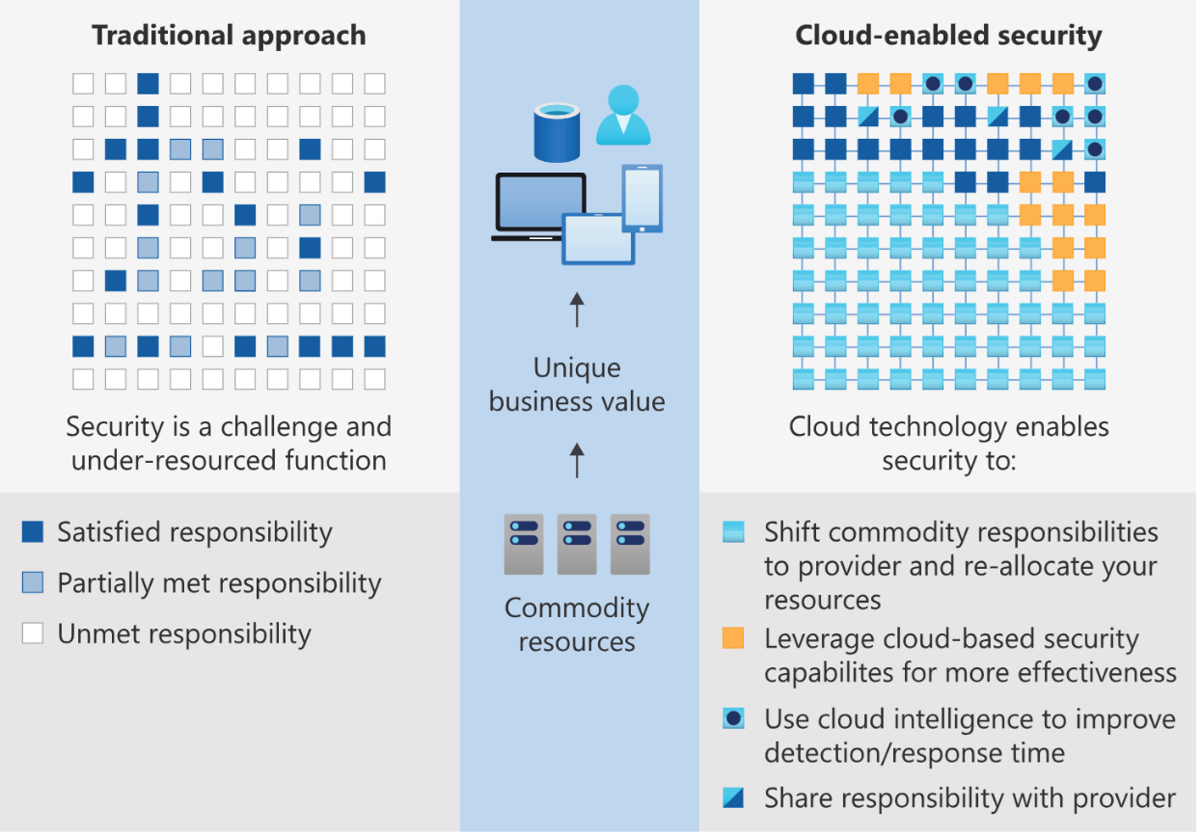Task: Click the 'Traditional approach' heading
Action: (229, 36)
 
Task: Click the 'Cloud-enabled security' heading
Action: (948, 36)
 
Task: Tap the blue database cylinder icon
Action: (557, 133)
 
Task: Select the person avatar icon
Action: (623, 115)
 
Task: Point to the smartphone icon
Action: (642, 199)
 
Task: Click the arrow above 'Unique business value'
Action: (577, 310)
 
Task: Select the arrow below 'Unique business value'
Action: (577, 460)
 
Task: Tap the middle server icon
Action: (577, 545)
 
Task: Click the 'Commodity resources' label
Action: (577, 625)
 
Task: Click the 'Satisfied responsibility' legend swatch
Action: (33, 532)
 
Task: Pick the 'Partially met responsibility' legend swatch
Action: (33, 582)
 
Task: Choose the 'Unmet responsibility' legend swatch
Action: (33, 633)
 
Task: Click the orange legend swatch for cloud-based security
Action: (733, 638)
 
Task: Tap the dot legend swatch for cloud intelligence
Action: (733, 718)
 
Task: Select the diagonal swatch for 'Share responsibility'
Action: (733, 797)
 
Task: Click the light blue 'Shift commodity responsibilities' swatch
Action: (733, 531)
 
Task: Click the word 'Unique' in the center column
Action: (577, 368)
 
